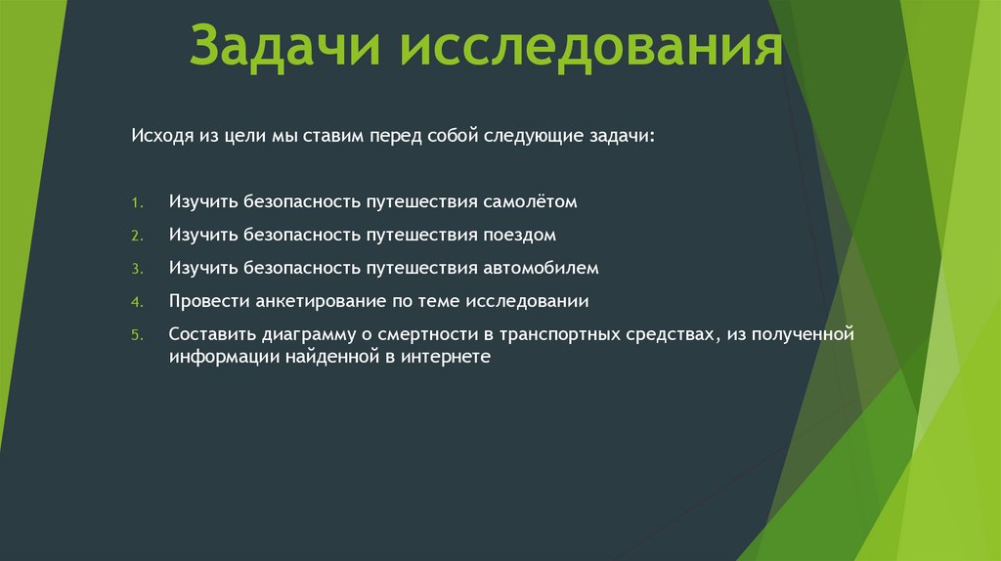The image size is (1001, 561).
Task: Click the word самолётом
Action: pos(530,202)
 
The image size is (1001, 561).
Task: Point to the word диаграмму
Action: pos(300,333)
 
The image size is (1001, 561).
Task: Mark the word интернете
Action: pos(446,358)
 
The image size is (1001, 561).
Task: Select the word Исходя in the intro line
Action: pos(154,137)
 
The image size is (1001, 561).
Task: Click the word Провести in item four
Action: pos(204,300)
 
